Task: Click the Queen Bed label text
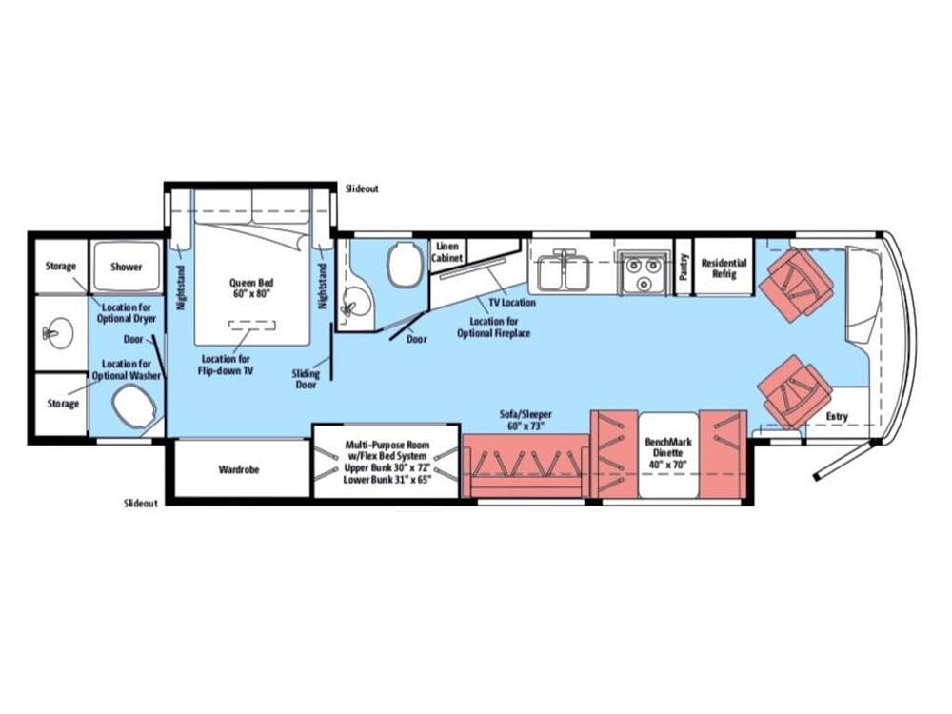(251, 288)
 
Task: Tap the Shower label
(127, 267)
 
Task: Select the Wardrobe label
(239, 469)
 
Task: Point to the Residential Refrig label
(724, 268)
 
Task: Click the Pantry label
(684, 267)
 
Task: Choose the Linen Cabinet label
(446, 252)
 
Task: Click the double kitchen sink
(564, 270)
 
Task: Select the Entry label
(837, 417)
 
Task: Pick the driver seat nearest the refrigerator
(795, 282)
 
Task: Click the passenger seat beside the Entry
(794, 391)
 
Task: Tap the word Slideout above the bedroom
(362, 188)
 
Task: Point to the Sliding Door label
(306, 379)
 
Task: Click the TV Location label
(512, 303)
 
